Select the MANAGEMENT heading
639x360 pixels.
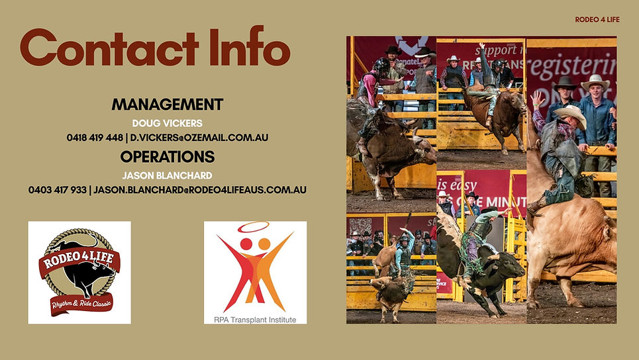point(167,105)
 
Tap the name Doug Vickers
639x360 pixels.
point(167,123)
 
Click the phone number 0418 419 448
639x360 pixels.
point(95,138)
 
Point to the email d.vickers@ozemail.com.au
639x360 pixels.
point(199,138)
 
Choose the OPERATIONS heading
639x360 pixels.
point(167,157)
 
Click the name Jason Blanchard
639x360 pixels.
point(167,175)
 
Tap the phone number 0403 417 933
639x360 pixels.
point(58,190)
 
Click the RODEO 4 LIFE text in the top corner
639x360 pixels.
point(597,19)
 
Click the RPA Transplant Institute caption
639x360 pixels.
point(255,320)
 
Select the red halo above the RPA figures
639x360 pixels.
point(254,227)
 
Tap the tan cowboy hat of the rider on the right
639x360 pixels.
point(571,114)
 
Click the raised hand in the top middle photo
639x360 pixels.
point(482,48)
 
